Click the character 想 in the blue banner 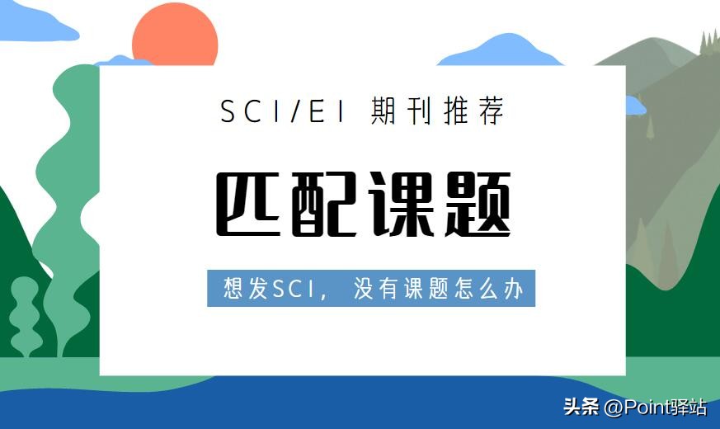point(234,289)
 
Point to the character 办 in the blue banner point(514,289)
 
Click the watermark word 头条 point(580,408)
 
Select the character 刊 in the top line point(422,111)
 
